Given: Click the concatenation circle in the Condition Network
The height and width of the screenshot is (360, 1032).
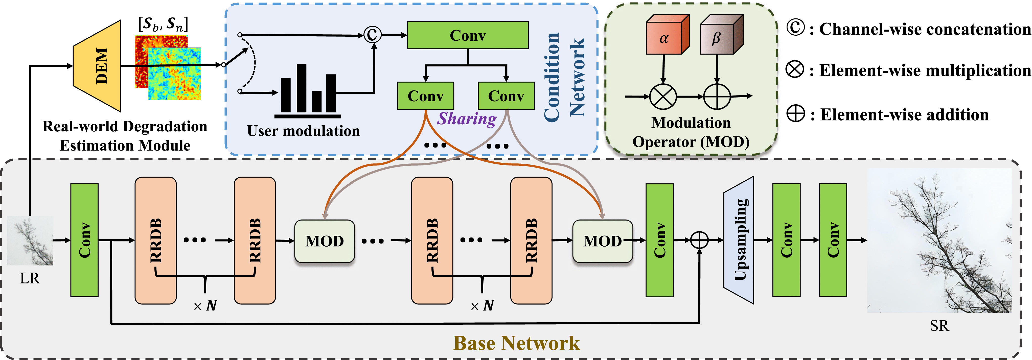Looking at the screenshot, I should (x=372, y=35).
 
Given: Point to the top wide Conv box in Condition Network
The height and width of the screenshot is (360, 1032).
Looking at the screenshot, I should (x=468, y=35).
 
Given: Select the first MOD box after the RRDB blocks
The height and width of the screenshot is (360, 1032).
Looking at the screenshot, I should (x=325, y=241).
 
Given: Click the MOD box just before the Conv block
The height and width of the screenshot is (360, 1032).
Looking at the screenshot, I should (x=602, y=241).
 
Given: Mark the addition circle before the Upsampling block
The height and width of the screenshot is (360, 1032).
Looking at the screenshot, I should (x=699, y=240).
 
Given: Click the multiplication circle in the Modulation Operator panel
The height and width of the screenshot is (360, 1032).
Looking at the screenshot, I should (x=663, y=97).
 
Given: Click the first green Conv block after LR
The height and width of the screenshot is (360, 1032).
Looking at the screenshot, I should (x=84, y=240).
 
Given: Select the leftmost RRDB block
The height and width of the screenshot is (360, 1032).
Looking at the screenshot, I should (x=155, y=240).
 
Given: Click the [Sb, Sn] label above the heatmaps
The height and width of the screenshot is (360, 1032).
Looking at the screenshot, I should (x=163, y=24).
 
